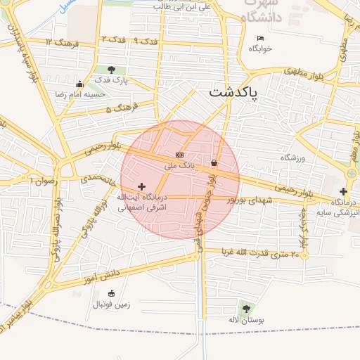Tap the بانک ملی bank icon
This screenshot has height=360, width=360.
coord(179,155)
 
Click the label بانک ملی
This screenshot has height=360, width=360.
coord(179,167)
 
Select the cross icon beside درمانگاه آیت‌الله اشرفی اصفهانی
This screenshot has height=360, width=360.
coord(143,187)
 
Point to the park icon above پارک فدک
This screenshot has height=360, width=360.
coord(112,69)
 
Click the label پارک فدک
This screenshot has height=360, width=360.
coord(112,81)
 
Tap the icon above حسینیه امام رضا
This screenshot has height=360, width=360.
coord(79,84)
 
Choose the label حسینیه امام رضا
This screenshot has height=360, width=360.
coord(80,94)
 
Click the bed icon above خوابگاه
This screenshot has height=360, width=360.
coord(261,38)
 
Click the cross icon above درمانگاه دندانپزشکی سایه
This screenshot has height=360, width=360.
coord(343,191)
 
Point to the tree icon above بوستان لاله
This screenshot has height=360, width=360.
coord(245,308)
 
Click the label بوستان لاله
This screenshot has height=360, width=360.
coord(245,320)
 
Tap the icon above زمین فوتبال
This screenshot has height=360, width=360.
coord(111,294)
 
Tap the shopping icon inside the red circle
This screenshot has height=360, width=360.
coord(213,163)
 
